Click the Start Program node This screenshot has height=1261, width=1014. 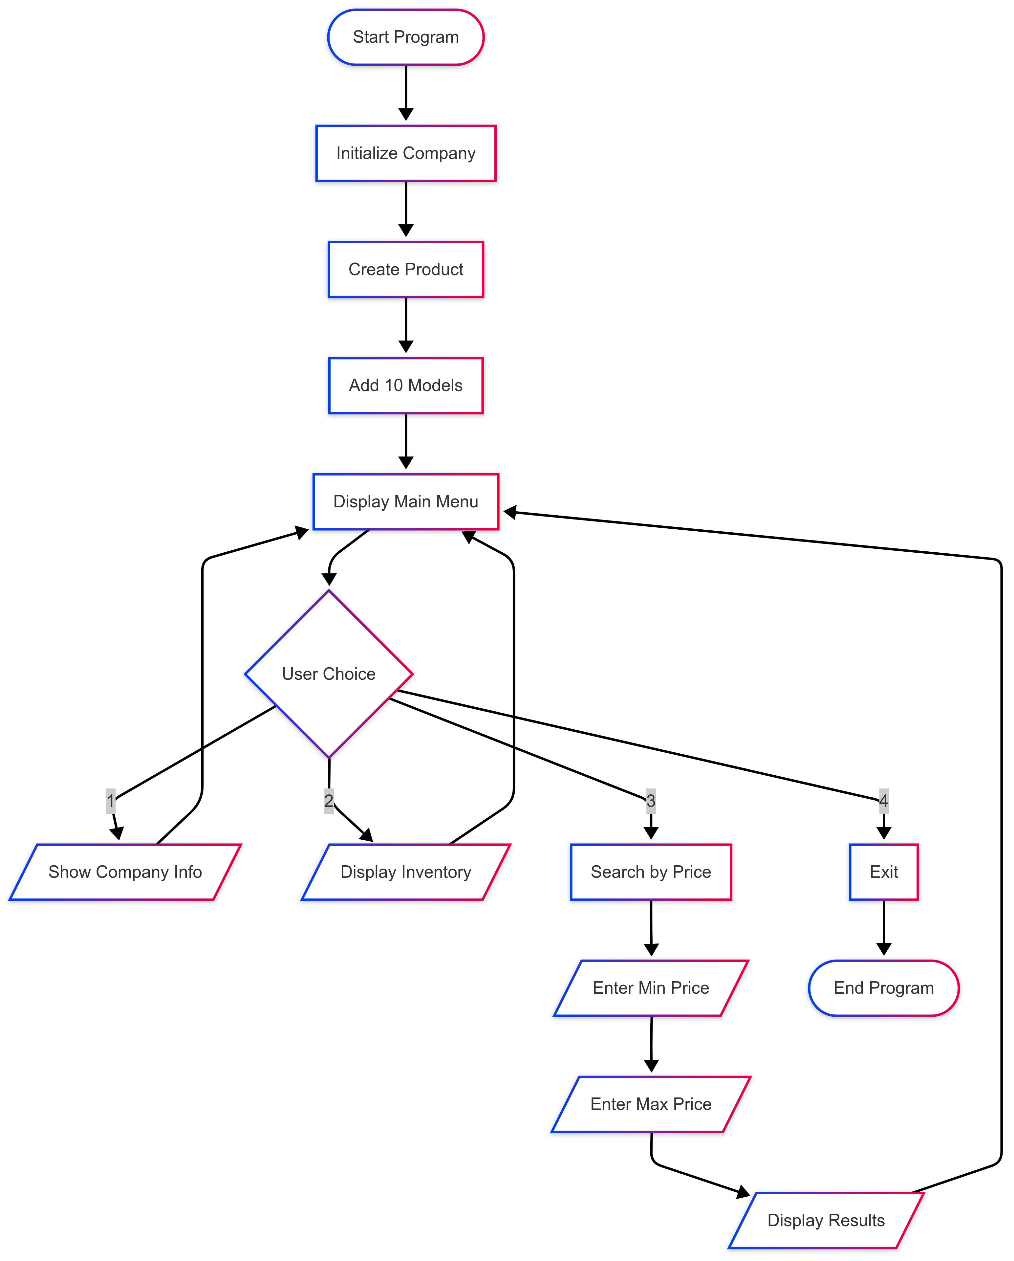(x=405, y=37)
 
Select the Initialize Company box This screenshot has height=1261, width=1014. (x=405, y=153)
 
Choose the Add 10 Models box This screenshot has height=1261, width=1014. (x=405, y=386)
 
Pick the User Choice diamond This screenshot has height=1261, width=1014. (x=329, y=674)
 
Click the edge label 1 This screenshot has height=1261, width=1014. (x=111, y=801)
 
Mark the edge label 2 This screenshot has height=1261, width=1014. (x=329, y=801)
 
